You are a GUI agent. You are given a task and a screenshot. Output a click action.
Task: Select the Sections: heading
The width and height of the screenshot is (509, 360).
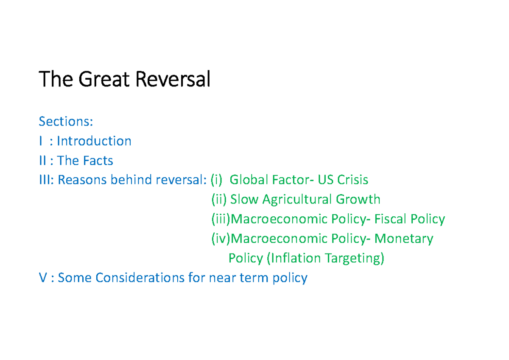(x=65, y=122)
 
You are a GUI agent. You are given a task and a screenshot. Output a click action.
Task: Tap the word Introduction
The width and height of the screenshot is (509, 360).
(x=94, y=141)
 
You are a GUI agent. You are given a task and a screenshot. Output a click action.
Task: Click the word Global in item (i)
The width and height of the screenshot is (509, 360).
(x=249, y=180)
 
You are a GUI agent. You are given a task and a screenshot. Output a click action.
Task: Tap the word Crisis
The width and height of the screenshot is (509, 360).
(x=352, y=180)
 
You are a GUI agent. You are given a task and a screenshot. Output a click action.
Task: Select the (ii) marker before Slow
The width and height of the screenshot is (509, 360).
(x=219, y=200)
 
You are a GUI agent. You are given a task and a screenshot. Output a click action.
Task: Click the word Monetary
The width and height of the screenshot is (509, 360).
(x=404, y=239)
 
